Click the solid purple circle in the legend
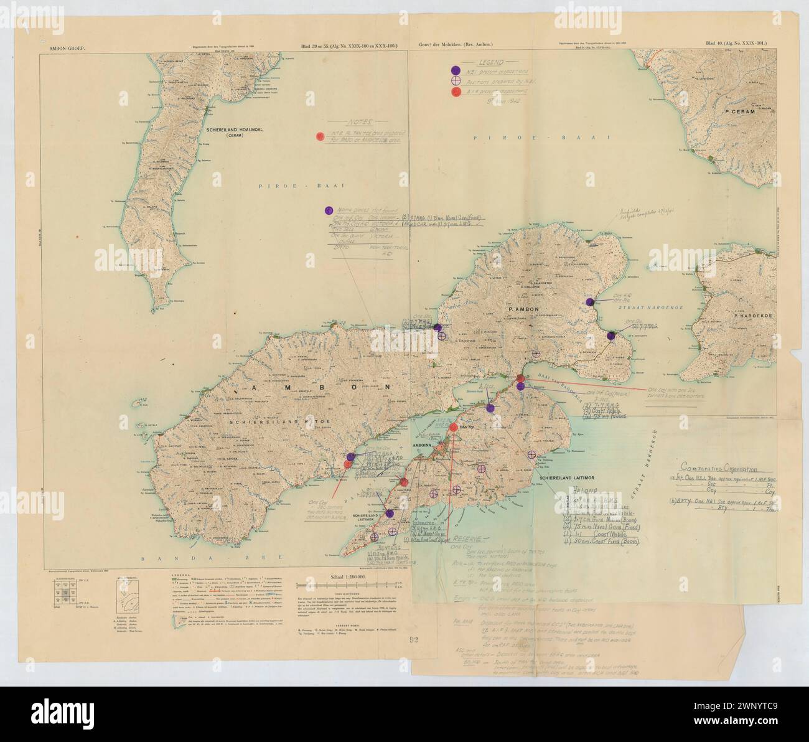click(456, 70)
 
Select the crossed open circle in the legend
click(456, 81)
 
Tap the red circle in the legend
click(456, 92)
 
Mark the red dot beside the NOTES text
click(320, 136)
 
